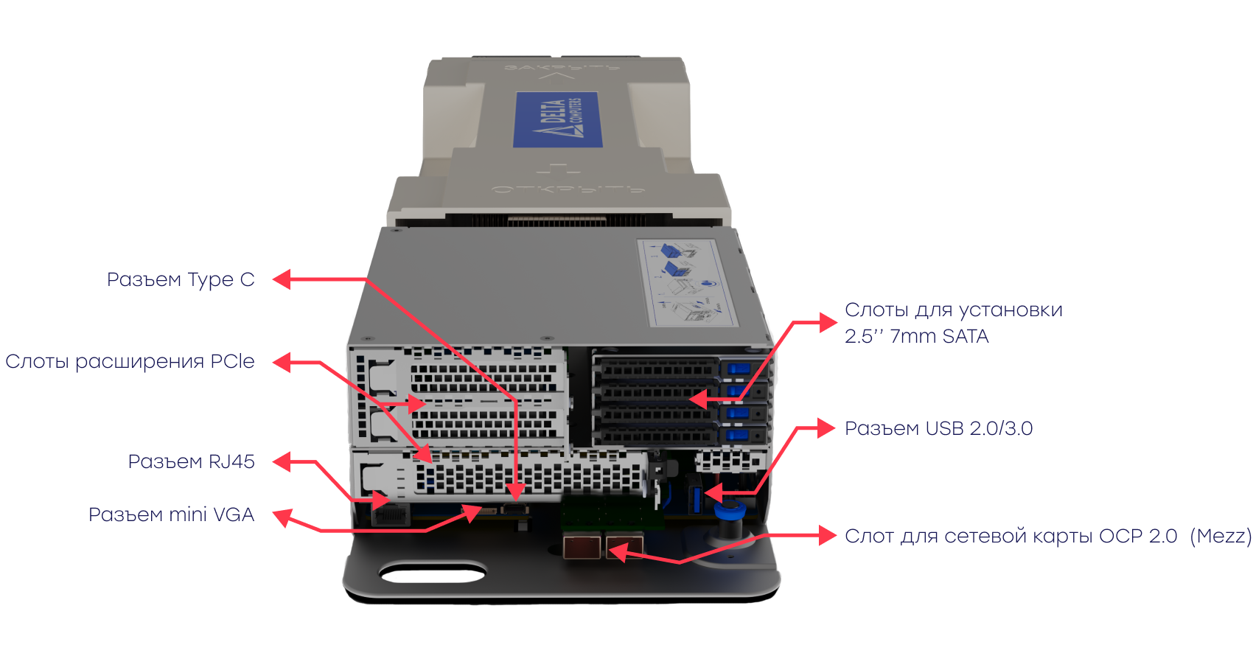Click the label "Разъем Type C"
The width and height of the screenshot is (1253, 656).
(181, 279)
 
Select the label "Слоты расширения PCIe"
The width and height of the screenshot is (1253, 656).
(130, 361)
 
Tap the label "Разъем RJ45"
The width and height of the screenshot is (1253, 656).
(191, 461)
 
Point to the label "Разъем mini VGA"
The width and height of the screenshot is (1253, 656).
(171, 514)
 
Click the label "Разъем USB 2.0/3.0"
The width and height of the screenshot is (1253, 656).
(938, 428)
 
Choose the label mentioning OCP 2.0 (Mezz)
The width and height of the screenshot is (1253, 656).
(1047, 536)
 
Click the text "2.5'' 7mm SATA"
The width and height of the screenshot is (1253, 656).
(916, 336)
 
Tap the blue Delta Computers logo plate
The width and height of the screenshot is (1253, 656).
(557, 119)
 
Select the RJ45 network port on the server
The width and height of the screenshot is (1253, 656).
(390, 514)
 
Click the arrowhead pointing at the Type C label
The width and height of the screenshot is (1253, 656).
(282, 279)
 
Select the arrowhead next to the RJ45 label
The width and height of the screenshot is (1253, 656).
(282, 462)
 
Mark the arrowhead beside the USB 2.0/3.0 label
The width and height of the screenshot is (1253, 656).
(827, 428)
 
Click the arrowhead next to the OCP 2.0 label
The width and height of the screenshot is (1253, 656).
(827, 536)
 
